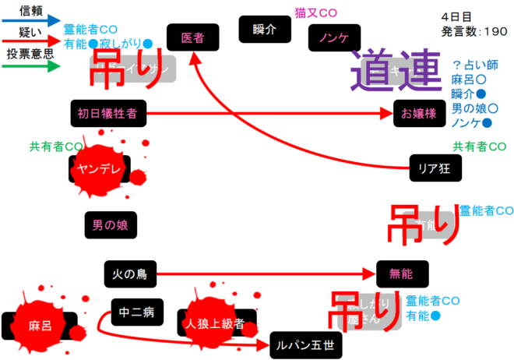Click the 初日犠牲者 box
[107, 114]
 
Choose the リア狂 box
[435, 166]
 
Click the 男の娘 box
[109, 226]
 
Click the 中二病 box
[137, 313]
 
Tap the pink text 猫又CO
[315, 13]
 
